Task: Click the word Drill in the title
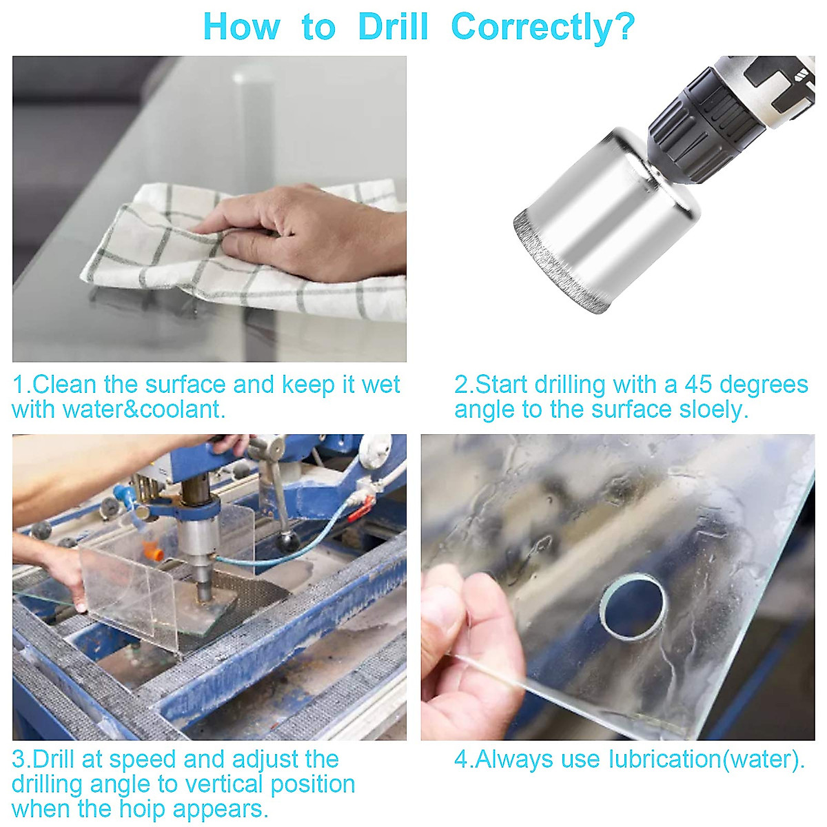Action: pos(394,28)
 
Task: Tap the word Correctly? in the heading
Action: pos(542,28)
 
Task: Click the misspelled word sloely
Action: pos(713,409)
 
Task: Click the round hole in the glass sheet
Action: pos(633,606)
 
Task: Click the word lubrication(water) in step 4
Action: pos(706,759)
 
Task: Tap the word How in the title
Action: pos(241,28)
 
